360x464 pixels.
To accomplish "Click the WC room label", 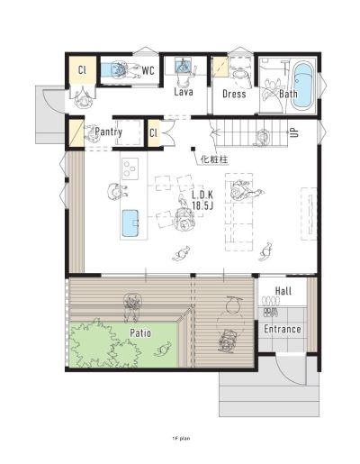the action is click(x=148, y=71).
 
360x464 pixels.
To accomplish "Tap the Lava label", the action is click(x=184, y=92).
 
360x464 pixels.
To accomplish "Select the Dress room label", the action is click(x=234, y=94).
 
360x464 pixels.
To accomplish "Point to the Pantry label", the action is click(x=109, y=132).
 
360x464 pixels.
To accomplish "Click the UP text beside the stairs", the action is click(x=294, y=132).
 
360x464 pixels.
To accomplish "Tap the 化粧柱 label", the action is click(x=214, y=159).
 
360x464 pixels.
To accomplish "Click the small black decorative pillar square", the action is click(x=193, y=149).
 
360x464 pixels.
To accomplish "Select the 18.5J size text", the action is click(x=202, y=205).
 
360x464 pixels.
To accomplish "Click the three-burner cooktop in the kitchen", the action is click(x=130, y=168).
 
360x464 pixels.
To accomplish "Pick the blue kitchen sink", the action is click(x=130, y=223).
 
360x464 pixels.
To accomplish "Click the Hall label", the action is click(x=283, y=291).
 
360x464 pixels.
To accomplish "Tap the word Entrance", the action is click(x=283, y=329).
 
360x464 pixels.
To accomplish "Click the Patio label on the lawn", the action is click(x=140, y=333).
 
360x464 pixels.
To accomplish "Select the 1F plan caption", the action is click(x=181, y=438).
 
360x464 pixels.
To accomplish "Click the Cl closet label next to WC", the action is click(x=82, y=70).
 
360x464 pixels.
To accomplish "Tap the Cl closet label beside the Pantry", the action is click(x=153, y=132).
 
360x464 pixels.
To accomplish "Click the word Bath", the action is click(x=288, y=94).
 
